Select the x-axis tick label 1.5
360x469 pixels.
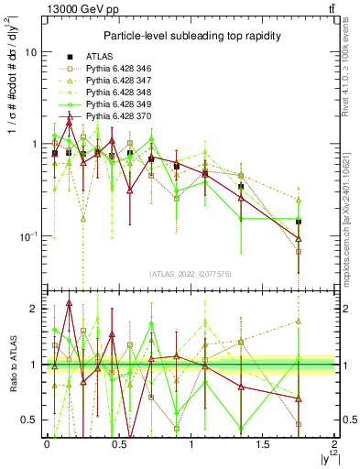tap(263, 444)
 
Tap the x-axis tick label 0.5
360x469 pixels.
tap(119, 444)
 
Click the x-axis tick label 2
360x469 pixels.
tap(334, 444)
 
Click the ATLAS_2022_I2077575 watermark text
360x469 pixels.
tap(190, 274)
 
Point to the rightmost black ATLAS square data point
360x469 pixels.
tap(299, 222)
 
